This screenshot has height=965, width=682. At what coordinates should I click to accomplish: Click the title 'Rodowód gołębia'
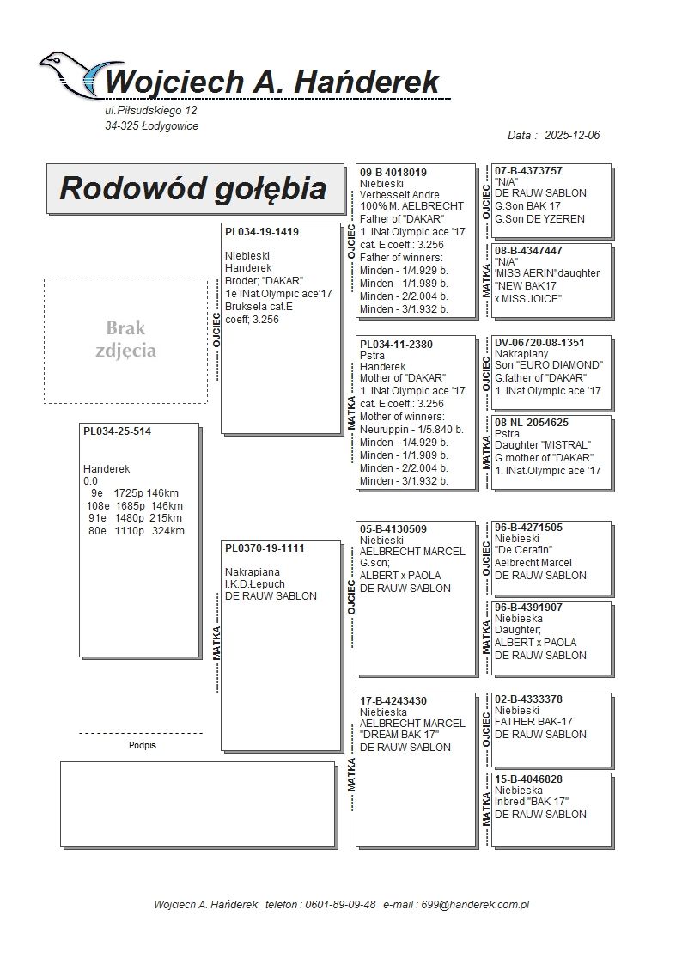192,188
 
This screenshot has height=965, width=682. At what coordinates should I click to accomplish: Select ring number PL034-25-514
117,431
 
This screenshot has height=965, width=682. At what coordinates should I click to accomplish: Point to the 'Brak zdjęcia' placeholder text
126,339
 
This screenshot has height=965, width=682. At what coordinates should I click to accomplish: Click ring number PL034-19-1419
262,232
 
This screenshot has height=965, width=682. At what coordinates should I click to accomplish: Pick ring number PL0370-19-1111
265,548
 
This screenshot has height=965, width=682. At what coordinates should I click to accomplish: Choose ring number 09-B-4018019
393,173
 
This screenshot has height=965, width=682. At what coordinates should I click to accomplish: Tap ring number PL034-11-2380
396,345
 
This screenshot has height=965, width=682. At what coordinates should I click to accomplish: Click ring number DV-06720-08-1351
539,343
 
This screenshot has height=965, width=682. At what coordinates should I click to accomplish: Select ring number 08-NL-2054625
531,423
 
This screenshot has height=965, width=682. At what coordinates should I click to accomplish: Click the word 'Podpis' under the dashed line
143,746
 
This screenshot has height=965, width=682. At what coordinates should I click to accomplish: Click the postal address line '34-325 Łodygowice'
151,126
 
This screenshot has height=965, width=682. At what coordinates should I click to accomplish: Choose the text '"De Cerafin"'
523,551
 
